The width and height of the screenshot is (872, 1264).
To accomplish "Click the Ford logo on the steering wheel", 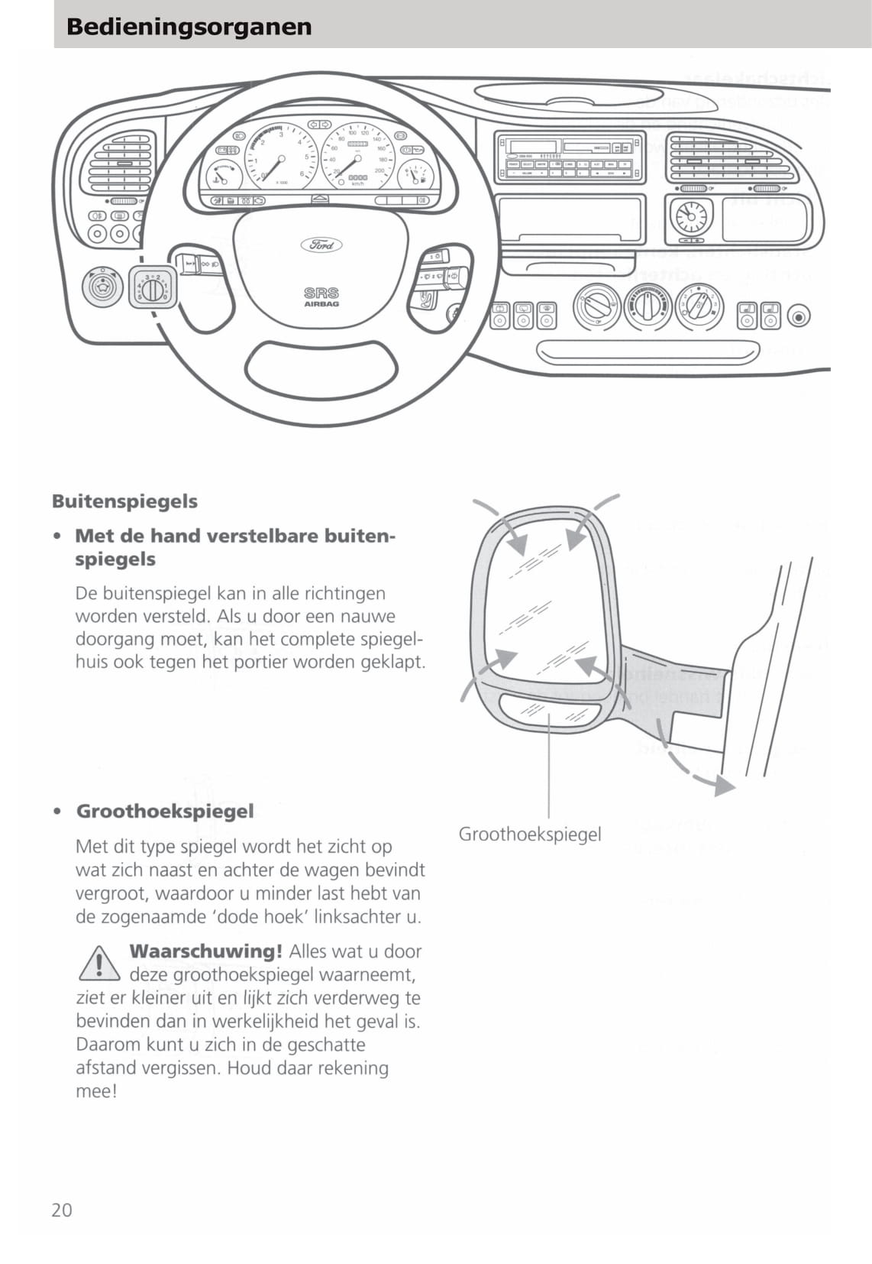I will (x=321, y=245).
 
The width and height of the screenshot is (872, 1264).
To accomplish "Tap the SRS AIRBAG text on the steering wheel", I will (x=321, y=297).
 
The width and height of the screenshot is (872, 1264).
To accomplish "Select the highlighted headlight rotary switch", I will (x=153, y=288).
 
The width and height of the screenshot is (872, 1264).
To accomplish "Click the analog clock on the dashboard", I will (x=691, y=216).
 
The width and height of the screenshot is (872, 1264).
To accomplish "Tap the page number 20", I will (x=62, y=1210).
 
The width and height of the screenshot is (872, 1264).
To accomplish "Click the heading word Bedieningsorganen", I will (x=189, y=27).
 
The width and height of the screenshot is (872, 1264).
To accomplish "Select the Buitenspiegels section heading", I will (x=124, y=501).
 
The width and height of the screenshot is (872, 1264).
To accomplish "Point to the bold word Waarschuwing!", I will (x=205, y=951).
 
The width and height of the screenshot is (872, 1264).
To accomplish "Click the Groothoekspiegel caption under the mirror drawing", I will (x=529, y=834).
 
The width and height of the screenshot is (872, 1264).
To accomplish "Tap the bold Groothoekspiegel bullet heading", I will (x=165, y=811).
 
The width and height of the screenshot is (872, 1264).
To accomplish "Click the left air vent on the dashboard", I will (x=121, y=163).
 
